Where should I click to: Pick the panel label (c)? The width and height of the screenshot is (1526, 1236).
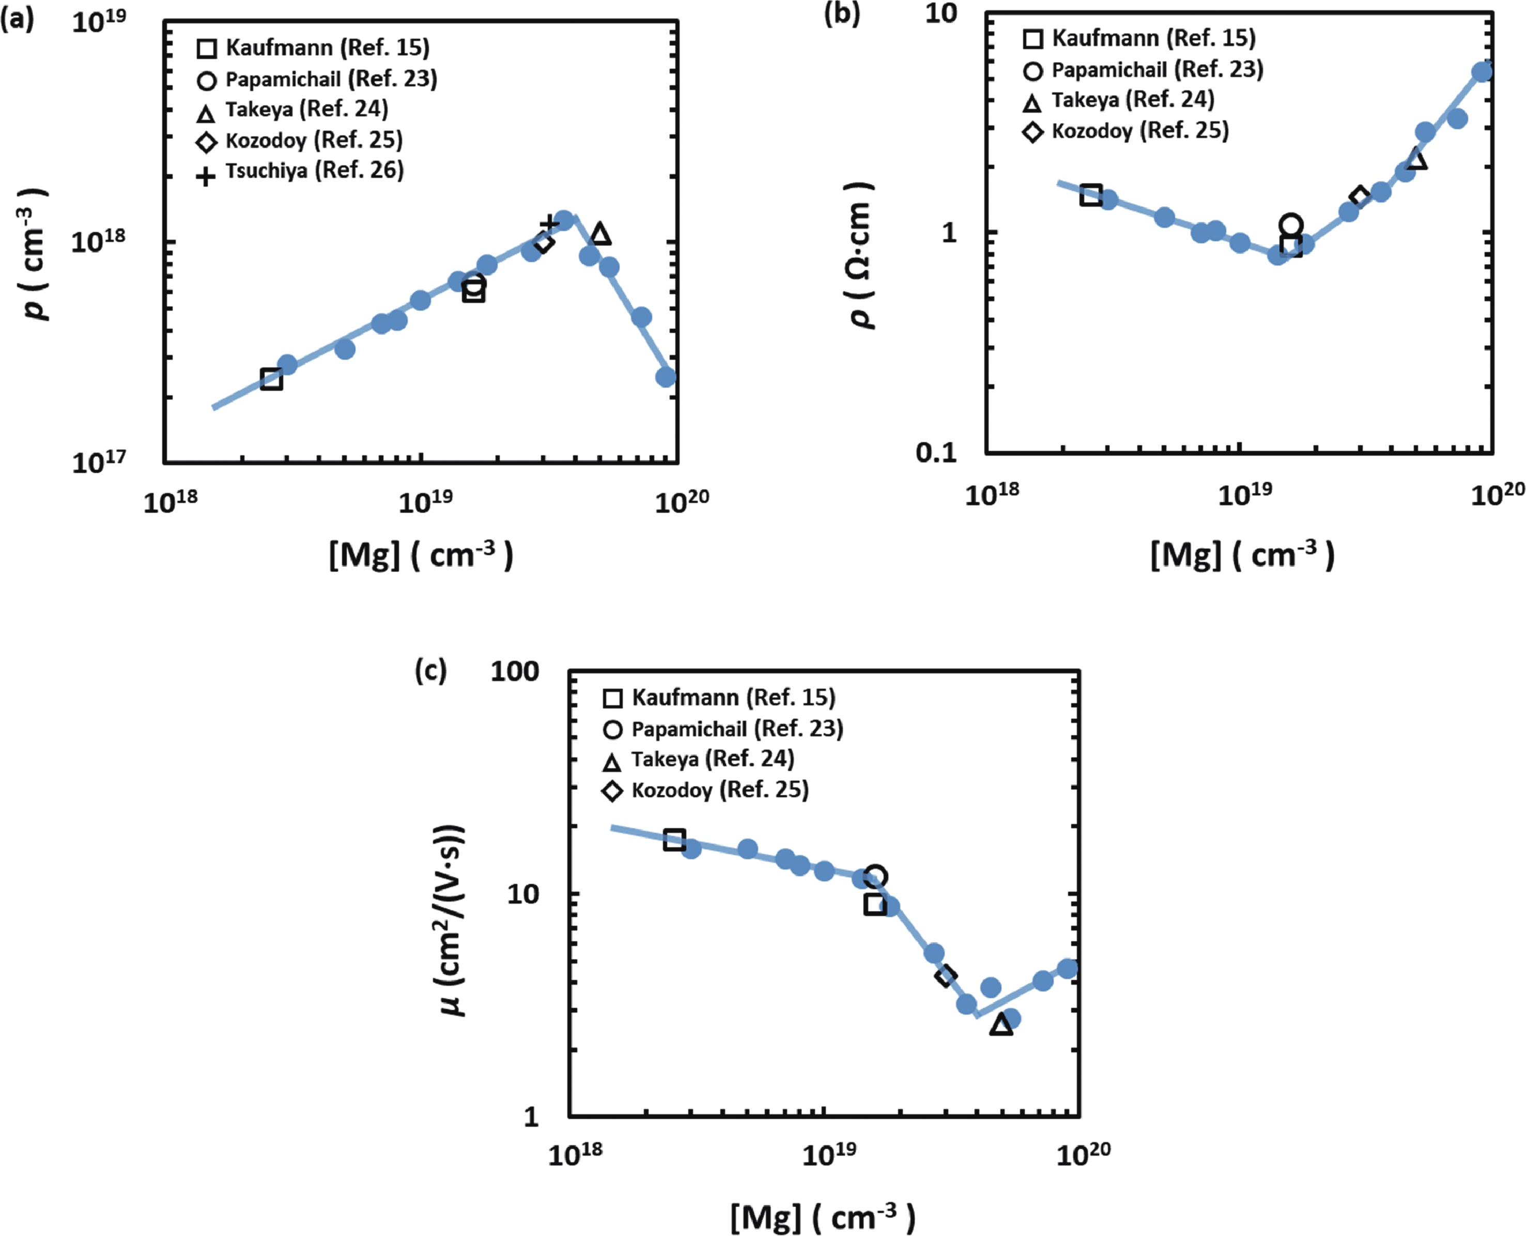(430, 670)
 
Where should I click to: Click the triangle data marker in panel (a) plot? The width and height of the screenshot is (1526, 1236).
(600, 234)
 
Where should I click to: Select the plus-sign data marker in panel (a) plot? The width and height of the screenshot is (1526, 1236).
(548, 225)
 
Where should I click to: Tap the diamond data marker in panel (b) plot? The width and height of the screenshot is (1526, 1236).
(1360, 198)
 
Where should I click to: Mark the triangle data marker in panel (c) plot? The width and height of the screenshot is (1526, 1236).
(1000, 1025)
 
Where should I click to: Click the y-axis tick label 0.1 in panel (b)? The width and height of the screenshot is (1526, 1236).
(937, 452)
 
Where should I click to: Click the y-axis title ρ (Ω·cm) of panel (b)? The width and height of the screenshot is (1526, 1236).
(861, 255)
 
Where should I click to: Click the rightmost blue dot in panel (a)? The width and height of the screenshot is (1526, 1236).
(666, 377)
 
